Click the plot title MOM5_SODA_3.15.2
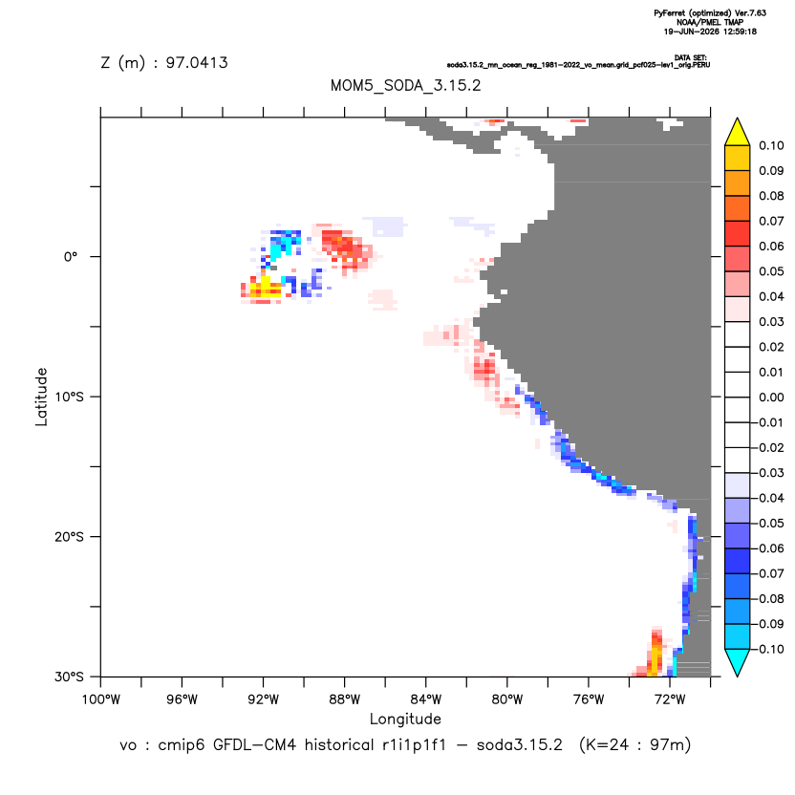(x=405, y=85)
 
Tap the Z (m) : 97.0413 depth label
(x=164, y=62)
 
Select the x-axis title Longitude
(x=405, y=719)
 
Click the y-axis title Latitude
(x=41, y=397)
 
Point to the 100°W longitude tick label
(x=101, y=699)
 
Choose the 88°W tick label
(x=345, y=699)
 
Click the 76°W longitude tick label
(x=589, y=699)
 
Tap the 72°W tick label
(x=670, y=699)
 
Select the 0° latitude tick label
(x=71, y=257)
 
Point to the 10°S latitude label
(x=69, y=397)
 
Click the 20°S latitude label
(x=69, y=536)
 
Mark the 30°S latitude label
(x=69, y=677)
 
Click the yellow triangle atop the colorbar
(x=738, y=134)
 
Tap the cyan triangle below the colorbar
(x=738, y=661)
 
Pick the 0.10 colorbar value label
(x=771, y=145)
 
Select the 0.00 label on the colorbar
(x=771, y=397)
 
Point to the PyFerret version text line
(x=710, y=13)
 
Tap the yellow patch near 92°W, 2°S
(x=266, y=287)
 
